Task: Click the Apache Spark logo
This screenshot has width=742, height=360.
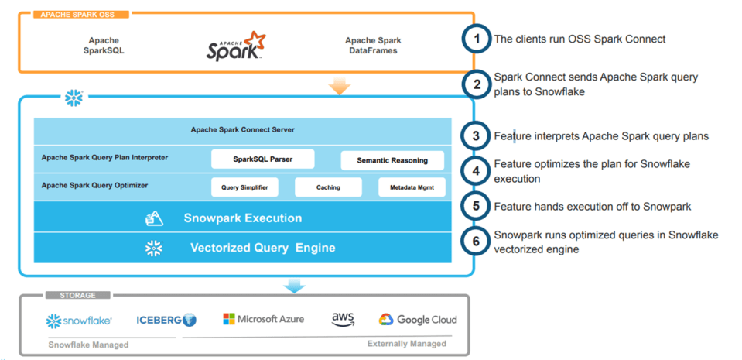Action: tap(235, 46)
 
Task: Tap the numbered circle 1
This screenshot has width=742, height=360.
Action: tap(477, 39)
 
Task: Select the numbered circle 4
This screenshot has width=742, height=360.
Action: tap(477, 171)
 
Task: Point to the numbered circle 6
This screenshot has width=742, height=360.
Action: tap(477, 242)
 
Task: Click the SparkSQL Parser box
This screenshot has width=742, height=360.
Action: tap(263, 159)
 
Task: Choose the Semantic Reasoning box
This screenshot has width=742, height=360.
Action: tap(392, 160)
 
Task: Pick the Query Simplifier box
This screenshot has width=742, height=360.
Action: tap(244, 187)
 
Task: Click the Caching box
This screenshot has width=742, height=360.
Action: tap(328, 187)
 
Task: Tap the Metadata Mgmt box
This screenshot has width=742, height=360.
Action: tap(412, 187)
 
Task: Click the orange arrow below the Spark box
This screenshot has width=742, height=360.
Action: tap(339, 86)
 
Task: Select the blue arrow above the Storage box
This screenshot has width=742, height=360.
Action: tap(294, 286)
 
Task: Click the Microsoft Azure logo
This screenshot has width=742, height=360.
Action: tap(263, 319)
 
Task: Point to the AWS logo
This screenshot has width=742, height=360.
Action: tap(343, 320)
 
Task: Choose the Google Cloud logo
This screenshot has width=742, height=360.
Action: tap(418, 320)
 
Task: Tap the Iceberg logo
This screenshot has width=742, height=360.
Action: tap(166, 320)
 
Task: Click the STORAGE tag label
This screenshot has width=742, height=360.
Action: tap(77, 295)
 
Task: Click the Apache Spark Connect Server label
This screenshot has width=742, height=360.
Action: tap(242, 129)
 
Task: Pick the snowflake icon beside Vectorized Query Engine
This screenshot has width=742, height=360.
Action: tap(154, 248)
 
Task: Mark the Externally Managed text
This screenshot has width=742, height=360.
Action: tap(406, 343)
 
